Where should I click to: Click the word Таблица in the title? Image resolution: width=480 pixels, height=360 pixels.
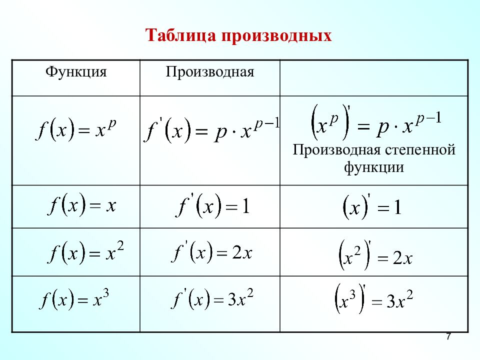[178, 36]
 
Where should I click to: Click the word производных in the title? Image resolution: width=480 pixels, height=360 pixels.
[274, 36]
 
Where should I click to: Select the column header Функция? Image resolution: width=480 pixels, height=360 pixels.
[76, 71]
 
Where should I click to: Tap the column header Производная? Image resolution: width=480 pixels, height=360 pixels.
[210, 71]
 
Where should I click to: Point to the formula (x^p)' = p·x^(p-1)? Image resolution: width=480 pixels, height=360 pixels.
[374, 123]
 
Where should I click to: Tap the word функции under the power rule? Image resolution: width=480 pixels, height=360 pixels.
[374, 167]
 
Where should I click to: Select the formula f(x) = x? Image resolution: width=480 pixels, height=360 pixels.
[82, 205]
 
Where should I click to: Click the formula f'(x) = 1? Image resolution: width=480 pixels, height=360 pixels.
[212, 206]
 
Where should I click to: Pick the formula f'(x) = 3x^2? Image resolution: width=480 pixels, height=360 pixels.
[212, 300]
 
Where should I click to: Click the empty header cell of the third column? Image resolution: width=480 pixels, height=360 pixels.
[374, 77]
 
